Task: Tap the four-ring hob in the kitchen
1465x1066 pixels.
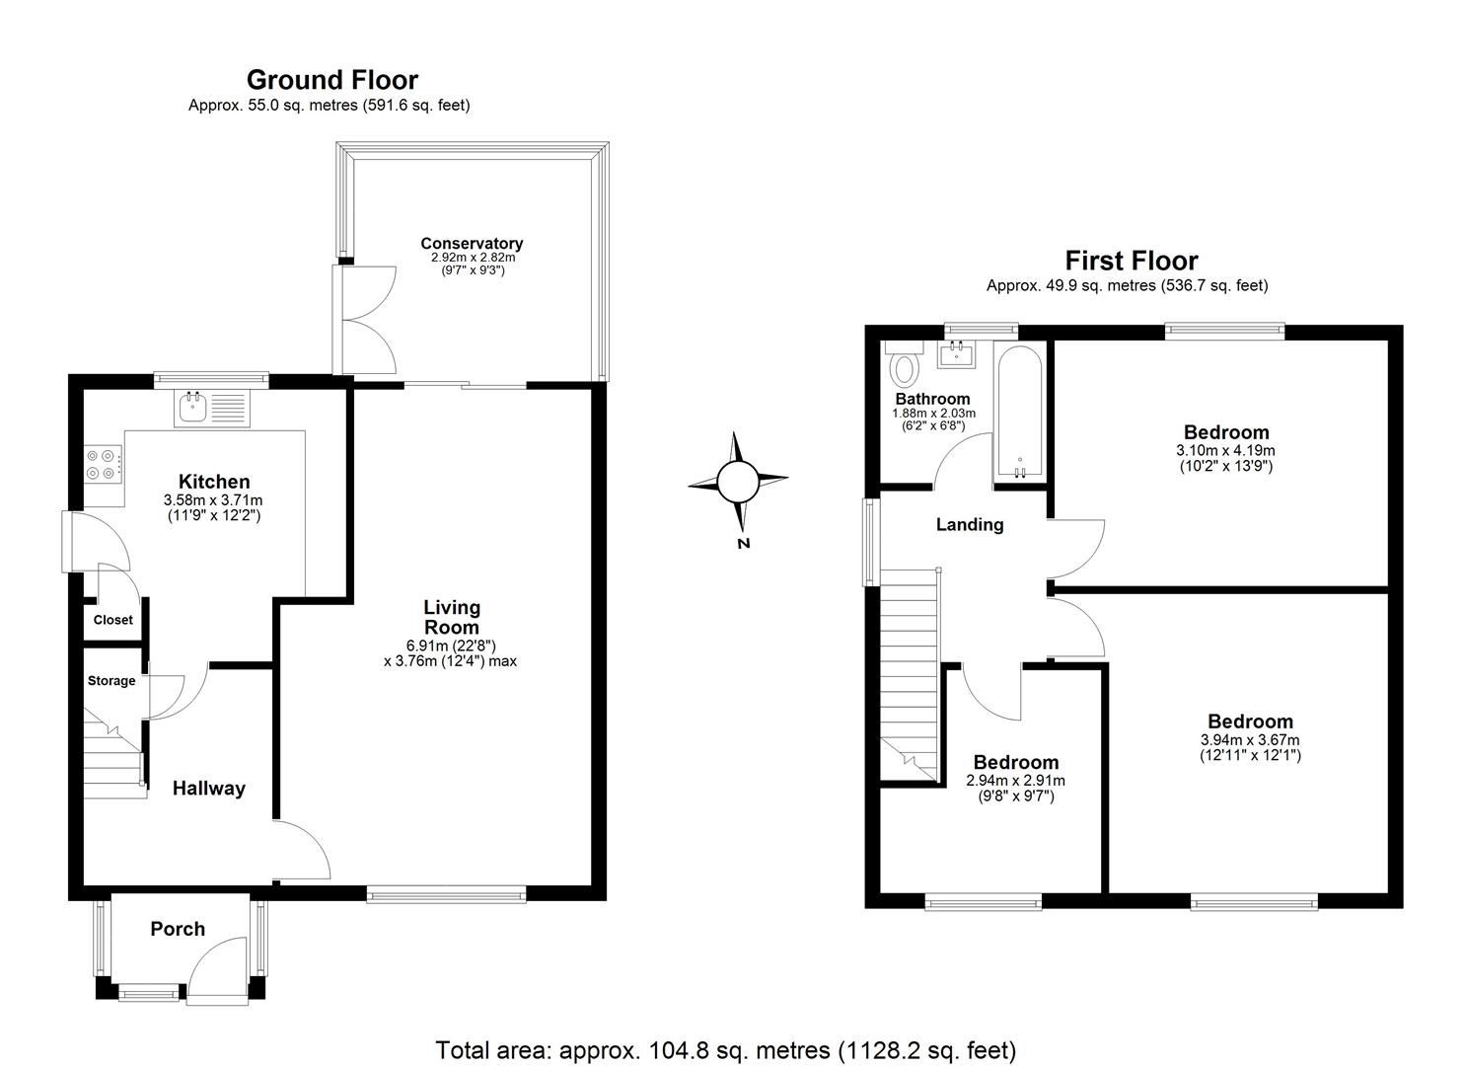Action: [104, 464]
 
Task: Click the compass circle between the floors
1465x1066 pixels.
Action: [737, 482]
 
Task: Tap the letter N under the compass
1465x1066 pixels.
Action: [744, 543]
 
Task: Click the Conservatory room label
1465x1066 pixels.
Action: [472, 243]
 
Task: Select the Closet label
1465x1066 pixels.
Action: [112, 620]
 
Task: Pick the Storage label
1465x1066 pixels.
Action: [110, 681]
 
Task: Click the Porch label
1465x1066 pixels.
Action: [178, 929]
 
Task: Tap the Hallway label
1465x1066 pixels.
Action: [208, 788]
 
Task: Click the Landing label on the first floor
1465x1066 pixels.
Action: [969, 524]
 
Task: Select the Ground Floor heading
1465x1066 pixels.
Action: [331, 79]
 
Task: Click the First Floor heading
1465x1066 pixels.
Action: [1131, 261]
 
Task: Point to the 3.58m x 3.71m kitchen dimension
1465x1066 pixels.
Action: [213, 501]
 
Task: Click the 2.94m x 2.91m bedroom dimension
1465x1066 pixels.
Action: [1015, 781]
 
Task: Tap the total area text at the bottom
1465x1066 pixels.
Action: [725, 1049]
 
